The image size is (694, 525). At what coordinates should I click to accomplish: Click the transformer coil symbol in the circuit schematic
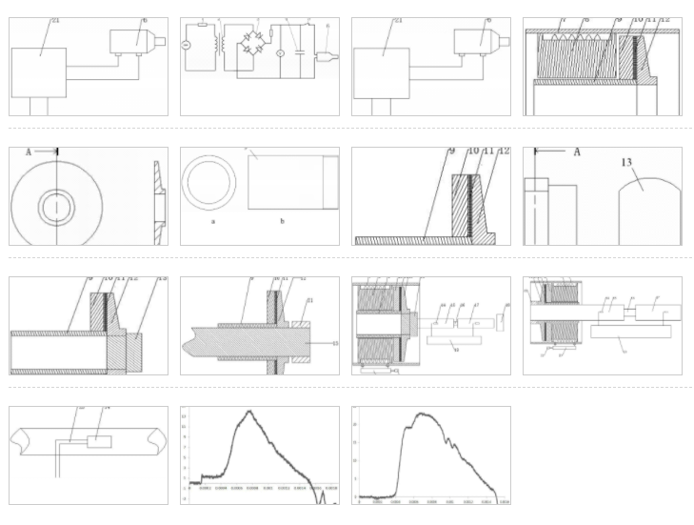221,44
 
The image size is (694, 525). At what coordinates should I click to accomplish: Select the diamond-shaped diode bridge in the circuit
253,44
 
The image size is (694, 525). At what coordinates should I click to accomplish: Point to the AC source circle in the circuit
187,46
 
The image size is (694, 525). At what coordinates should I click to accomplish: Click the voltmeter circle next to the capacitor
280,54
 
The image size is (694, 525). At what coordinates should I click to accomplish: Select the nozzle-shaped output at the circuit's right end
329,55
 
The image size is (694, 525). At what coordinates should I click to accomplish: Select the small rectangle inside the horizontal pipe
99,441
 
